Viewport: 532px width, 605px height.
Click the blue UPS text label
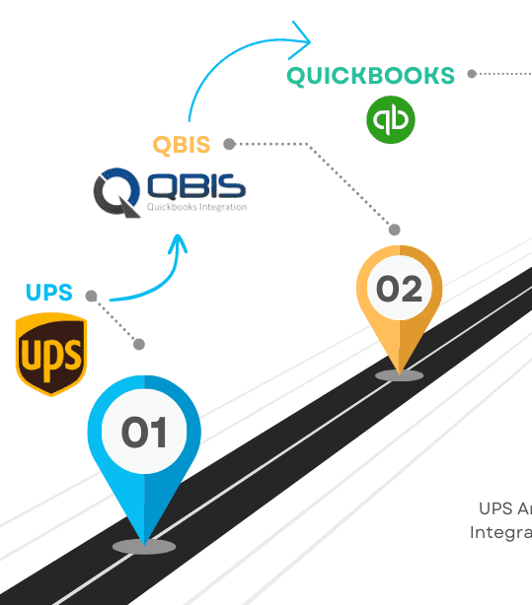point(49,293)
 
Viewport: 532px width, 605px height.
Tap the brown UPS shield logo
point(51,354)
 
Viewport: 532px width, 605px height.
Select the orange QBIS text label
point(182,145)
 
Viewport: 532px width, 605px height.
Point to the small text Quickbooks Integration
point(196,207)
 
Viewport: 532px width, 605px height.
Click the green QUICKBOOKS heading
point(370,76)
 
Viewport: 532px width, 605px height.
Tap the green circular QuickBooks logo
point(391,120)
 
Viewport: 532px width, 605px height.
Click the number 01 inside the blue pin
point(144,433)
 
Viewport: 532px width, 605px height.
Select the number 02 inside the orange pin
point(399,289)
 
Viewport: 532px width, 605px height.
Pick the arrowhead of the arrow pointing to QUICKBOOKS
point(299,40)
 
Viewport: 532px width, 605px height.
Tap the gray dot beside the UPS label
point(91,296)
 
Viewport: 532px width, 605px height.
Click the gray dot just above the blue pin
point(139,344)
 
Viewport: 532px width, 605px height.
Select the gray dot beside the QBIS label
point(229,144)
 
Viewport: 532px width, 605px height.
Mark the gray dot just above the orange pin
point(395,230)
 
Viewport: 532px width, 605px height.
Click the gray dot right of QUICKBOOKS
point(472,74)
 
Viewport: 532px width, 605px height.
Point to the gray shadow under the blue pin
point(144,547)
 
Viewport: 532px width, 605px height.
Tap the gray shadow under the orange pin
point(400,375)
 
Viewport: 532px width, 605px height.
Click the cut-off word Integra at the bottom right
point(500,532)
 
